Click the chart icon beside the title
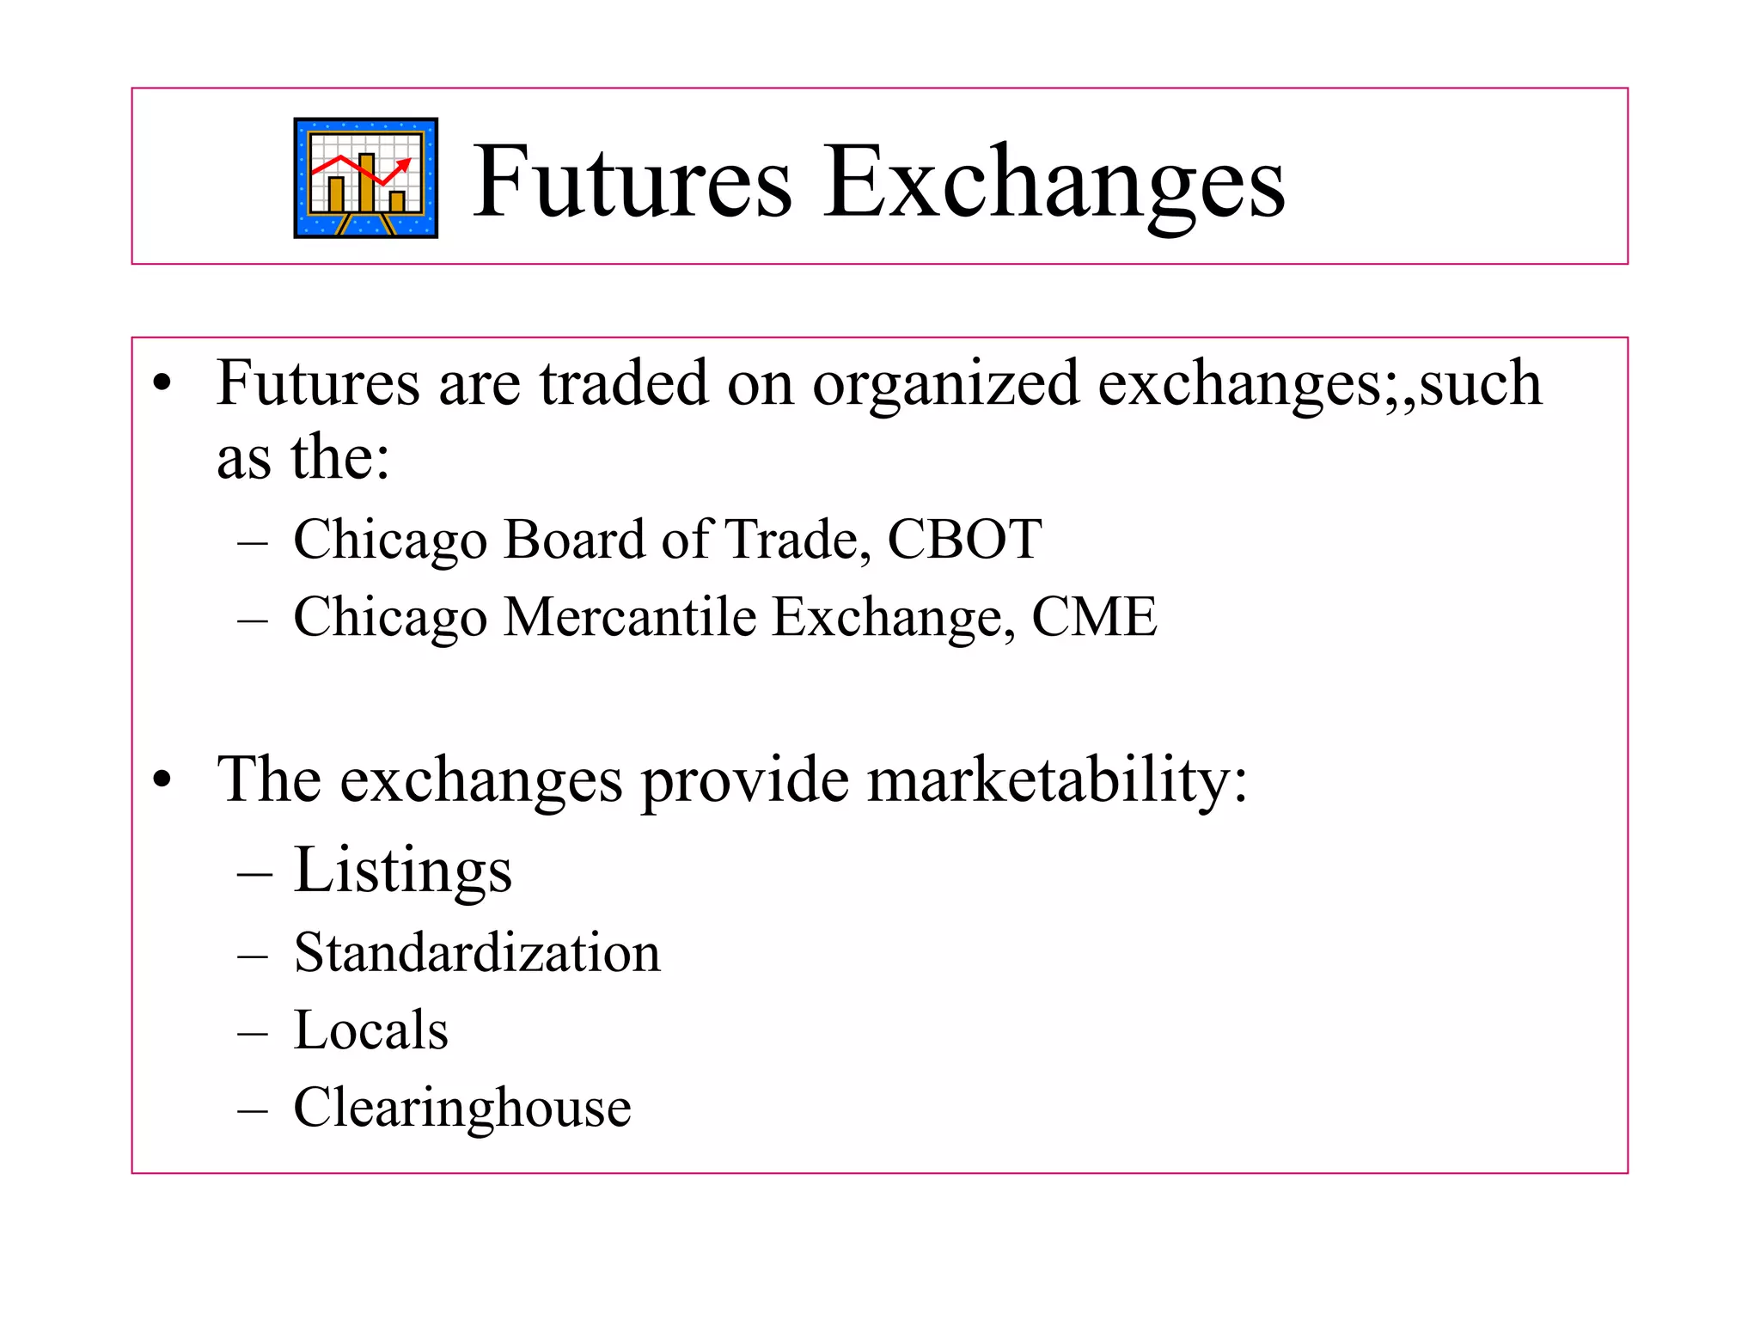pos(365,178)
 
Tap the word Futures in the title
pos(632,183)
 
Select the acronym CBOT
pos(963,541)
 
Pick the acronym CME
pos(1093,617)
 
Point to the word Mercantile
pos(630,617)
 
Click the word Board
pos(573,541)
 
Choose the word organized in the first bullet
pos(945,384)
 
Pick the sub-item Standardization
pos(477,953)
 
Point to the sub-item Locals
pos(370,1030)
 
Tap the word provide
pos(745,780)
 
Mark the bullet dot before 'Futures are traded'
pos(162,384)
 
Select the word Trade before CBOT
pos(791,541)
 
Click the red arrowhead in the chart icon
pos(405,163)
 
